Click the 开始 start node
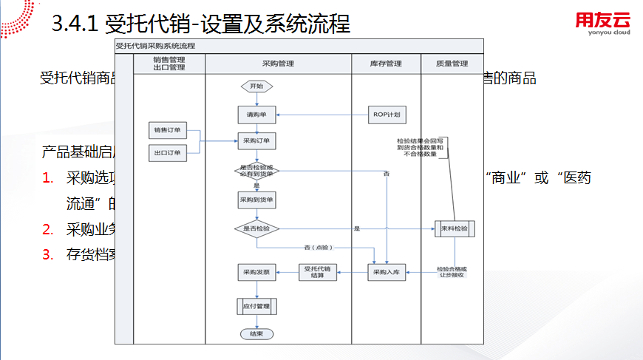pyautogui.click(x=256, y=86)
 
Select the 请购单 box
pyautogui.click(x=256, y=115)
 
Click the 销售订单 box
pyautogui.click(x=168, y=131)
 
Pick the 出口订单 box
pyautogui.click(x=168, y=153)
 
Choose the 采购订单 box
pyautogui.click(x=256, y=140)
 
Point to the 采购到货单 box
pyautogui.click(x=256, y=200)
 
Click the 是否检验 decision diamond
pyautogui.click(x=256, y=229)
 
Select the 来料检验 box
pyautogui.click(x=453, y=229)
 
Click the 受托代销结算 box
pyautogui.click(x=317, y=272)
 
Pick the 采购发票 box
pyautogui.click(x=256, y=273)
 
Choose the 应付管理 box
pyautogui.click(x=256, y=305)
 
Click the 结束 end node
pyautogui.click(x=256, y=334)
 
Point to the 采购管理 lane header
pyautogui.click(x=277, y=64)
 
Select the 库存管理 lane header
pyautogui.click(x=386, y=64)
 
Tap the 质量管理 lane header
pyautogui.click(x=452, y=64)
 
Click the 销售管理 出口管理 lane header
pyautogui.click(x=169, y=64)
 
